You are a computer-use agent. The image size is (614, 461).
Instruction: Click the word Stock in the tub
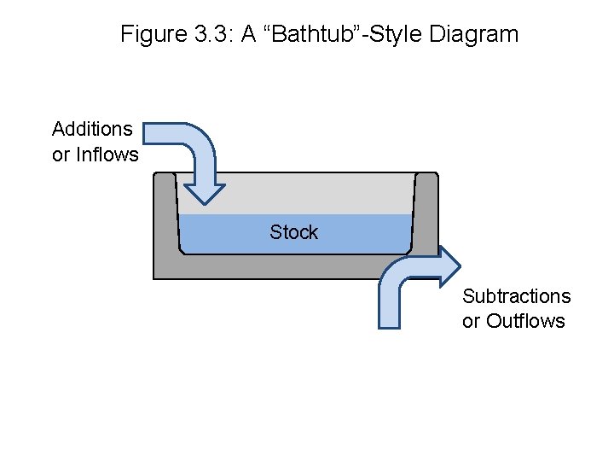tap(293, 232)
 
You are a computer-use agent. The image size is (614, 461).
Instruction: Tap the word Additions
tap(92, 129)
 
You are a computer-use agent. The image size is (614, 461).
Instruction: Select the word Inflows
tap(107, 155)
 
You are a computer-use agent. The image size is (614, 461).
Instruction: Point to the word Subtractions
tap(516, 296)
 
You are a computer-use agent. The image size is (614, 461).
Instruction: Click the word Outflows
tap(525, 321)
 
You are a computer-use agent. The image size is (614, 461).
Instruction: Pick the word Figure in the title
tap(149, 34)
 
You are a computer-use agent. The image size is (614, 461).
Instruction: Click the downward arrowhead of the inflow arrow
tap(205, 191)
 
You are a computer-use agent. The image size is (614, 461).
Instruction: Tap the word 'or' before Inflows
tap(61, 155)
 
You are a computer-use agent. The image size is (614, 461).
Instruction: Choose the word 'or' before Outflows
tap(471, 321)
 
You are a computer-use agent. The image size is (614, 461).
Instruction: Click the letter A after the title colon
tap(250, 34)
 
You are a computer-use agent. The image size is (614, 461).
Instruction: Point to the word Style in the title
tap(404, 34)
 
